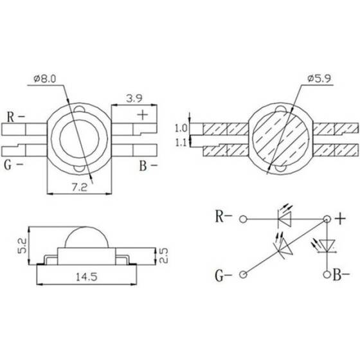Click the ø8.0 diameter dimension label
(45, 78)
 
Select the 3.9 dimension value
(134, 99)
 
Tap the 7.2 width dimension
(80, 188)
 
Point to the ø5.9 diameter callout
(319, 78)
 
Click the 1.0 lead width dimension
(181, 129)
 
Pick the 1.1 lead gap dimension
(181, 143)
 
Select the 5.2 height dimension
(22, 246)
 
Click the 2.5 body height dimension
(163, 255)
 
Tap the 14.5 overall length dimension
(87, 277)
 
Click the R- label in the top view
(15, 117)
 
